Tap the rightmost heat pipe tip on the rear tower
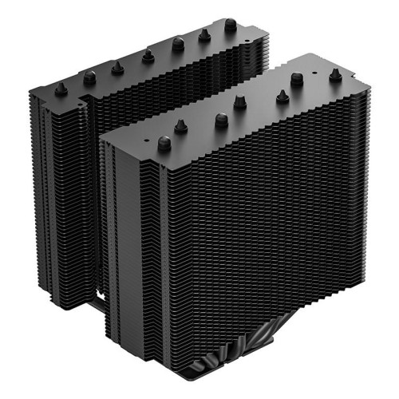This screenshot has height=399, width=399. pos(231,25)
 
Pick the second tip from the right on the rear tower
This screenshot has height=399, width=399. pos(204,34)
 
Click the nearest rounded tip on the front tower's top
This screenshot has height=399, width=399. pos(164,144)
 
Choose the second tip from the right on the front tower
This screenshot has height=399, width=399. pos(297,78)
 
